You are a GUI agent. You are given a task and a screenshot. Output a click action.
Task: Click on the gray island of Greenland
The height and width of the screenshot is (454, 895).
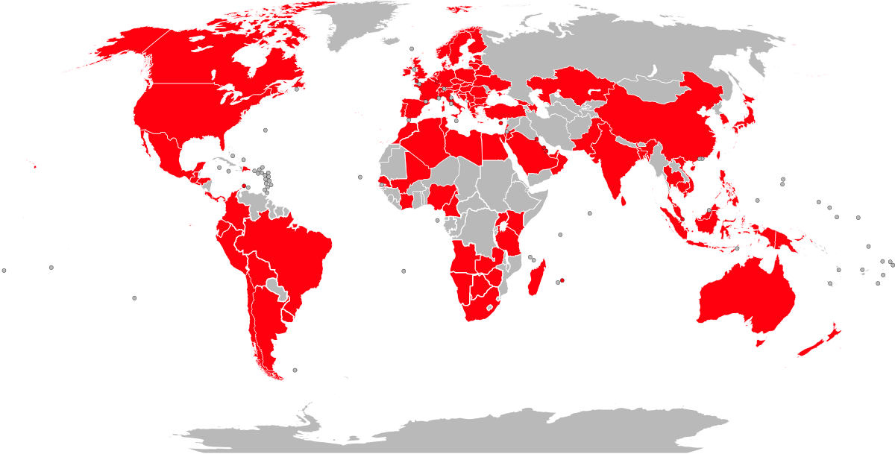[365, 26]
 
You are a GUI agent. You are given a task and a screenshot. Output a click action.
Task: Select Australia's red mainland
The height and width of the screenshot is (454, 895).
[746, 298]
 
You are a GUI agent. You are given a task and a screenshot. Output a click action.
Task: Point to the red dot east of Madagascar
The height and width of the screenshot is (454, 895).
[562, 281]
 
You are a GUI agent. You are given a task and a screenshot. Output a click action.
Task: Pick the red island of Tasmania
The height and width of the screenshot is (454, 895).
[761, 341]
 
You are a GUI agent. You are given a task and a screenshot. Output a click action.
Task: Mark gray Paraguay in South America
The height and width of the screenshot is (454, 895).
[277, 287]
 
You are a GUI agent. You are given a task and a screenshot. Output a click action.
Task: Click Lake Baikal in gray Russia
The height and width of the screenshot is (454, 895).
[651, 72]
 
